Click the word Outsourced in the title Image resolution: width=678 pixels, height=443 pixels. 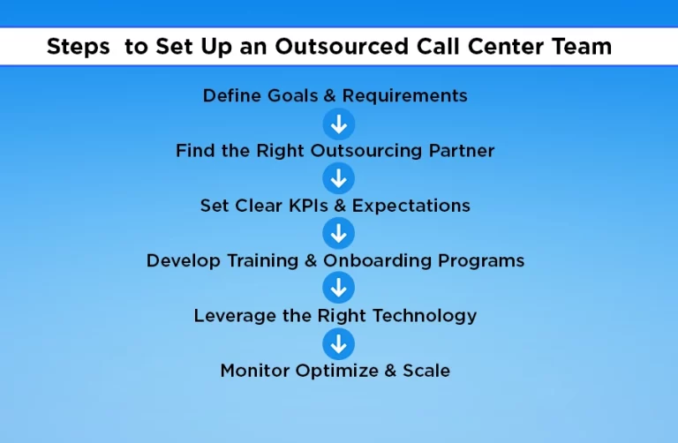tap(342, 46)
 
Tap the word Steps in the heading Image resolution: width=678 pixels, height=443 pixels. tap(79, 47)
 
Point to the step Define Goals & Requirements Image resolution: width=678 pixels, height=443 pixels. tap(335, 96)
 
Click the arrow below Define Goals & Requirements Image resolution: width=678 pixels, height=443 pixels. tap(339, 124)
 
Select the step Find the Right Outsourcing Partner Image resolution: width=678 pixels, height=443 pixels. tap(335, 151)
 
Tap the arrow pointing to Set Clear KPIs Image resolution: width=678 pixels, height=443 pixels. tap(339, 178)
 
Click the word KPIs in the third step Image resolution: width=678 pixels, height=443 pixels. tap(308, 206)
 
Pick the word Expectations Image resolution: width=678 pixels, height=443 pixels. tap(411, 206)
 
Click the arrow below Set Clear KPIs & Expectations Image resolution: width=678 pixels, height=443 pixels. tap(339, 233)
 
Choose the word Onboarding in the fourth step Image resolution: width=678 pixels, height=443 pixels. tap(377, 261)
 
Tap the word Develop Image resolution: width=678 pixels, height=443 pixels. tap(184, 261)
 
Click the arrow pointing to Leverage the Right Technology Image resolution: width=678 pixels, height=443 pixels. tap(339, 288)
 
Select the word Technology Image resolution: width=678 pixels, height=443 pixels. tap(425, 316)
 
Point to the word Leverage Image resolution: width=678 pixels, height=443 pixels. tap(235, 316)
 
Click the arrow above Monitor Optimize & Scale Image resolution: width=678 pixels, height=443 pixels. tap(339, 344)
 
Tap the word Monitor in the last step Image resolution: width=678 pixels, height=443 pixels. tap(254, 371)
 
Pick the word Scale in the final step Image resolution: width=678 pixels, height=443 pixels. tap(426, 371)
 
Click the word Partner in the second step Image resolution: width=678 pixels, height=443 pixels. tap(462, 151)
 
